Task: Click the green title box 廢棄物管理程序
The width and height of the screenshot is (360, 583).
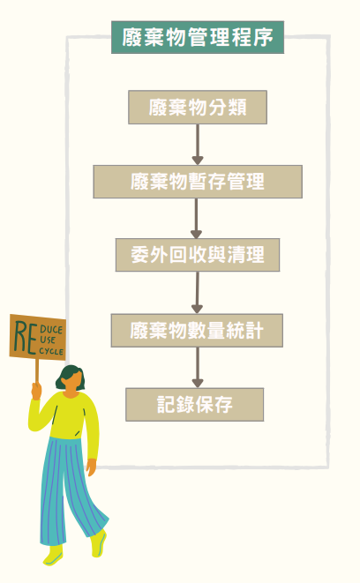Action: pyautogui.click(x=198, y=37)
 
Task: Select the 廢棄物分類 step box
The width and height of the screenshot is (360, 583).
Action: pyautogui.click(x=198, y=107)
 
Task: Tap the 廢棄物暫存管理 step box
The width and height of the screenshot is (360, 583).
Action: pyautogui.click(x=198, y=182)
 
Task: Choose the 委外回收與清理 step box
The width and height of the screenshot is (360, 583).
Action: pyautogui.click(x=198, y=255)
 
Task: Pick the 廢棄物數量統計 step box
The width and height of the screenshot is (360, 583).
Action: pyautogui.click(x=197, y=330)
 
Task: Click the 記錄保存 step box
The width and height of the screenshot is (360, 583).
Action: pyautogui.click(x=194, y=405)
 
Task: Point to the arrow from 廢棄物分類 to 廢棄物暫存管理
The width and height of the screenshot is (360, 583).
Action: pyautogui.click(x=198, y=145)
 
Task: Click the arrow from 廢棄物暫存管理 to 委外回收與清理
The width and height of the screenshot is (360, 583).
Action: pyautogui.click(x=196, y=218)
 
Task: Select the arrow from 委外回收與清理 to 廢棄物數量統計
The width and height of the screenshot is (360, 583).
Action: pyautogui.click(x=197, y=293)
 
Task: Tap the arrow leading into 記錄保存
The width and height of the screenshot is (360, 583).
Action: pyautogui.click(x=198, y=367)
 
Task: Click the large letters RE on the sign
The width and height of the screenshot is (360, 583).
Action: pyautogui.click(x=26, y=337)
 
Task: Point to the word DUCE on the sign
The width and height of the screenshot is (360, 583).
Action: pyautogui.click(x=51, y=329)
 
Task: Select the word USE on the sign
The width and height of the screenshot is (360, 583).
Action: pyautogui.click(x=48, y=340)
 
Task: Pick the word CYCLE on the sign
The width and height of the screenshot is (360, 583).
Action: pyautogui.click(x=51, y=351)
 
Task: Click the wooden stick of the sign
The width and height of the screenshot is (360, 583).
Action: pyautogui.click(x=37, y=370)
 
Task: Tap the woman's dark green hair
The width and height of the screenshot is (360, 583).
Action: pyautogui.click(x=70, y=377)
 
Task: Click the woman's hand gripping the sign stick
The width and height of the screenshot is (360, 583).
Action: pyautogui.click(x=36, y=391)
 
